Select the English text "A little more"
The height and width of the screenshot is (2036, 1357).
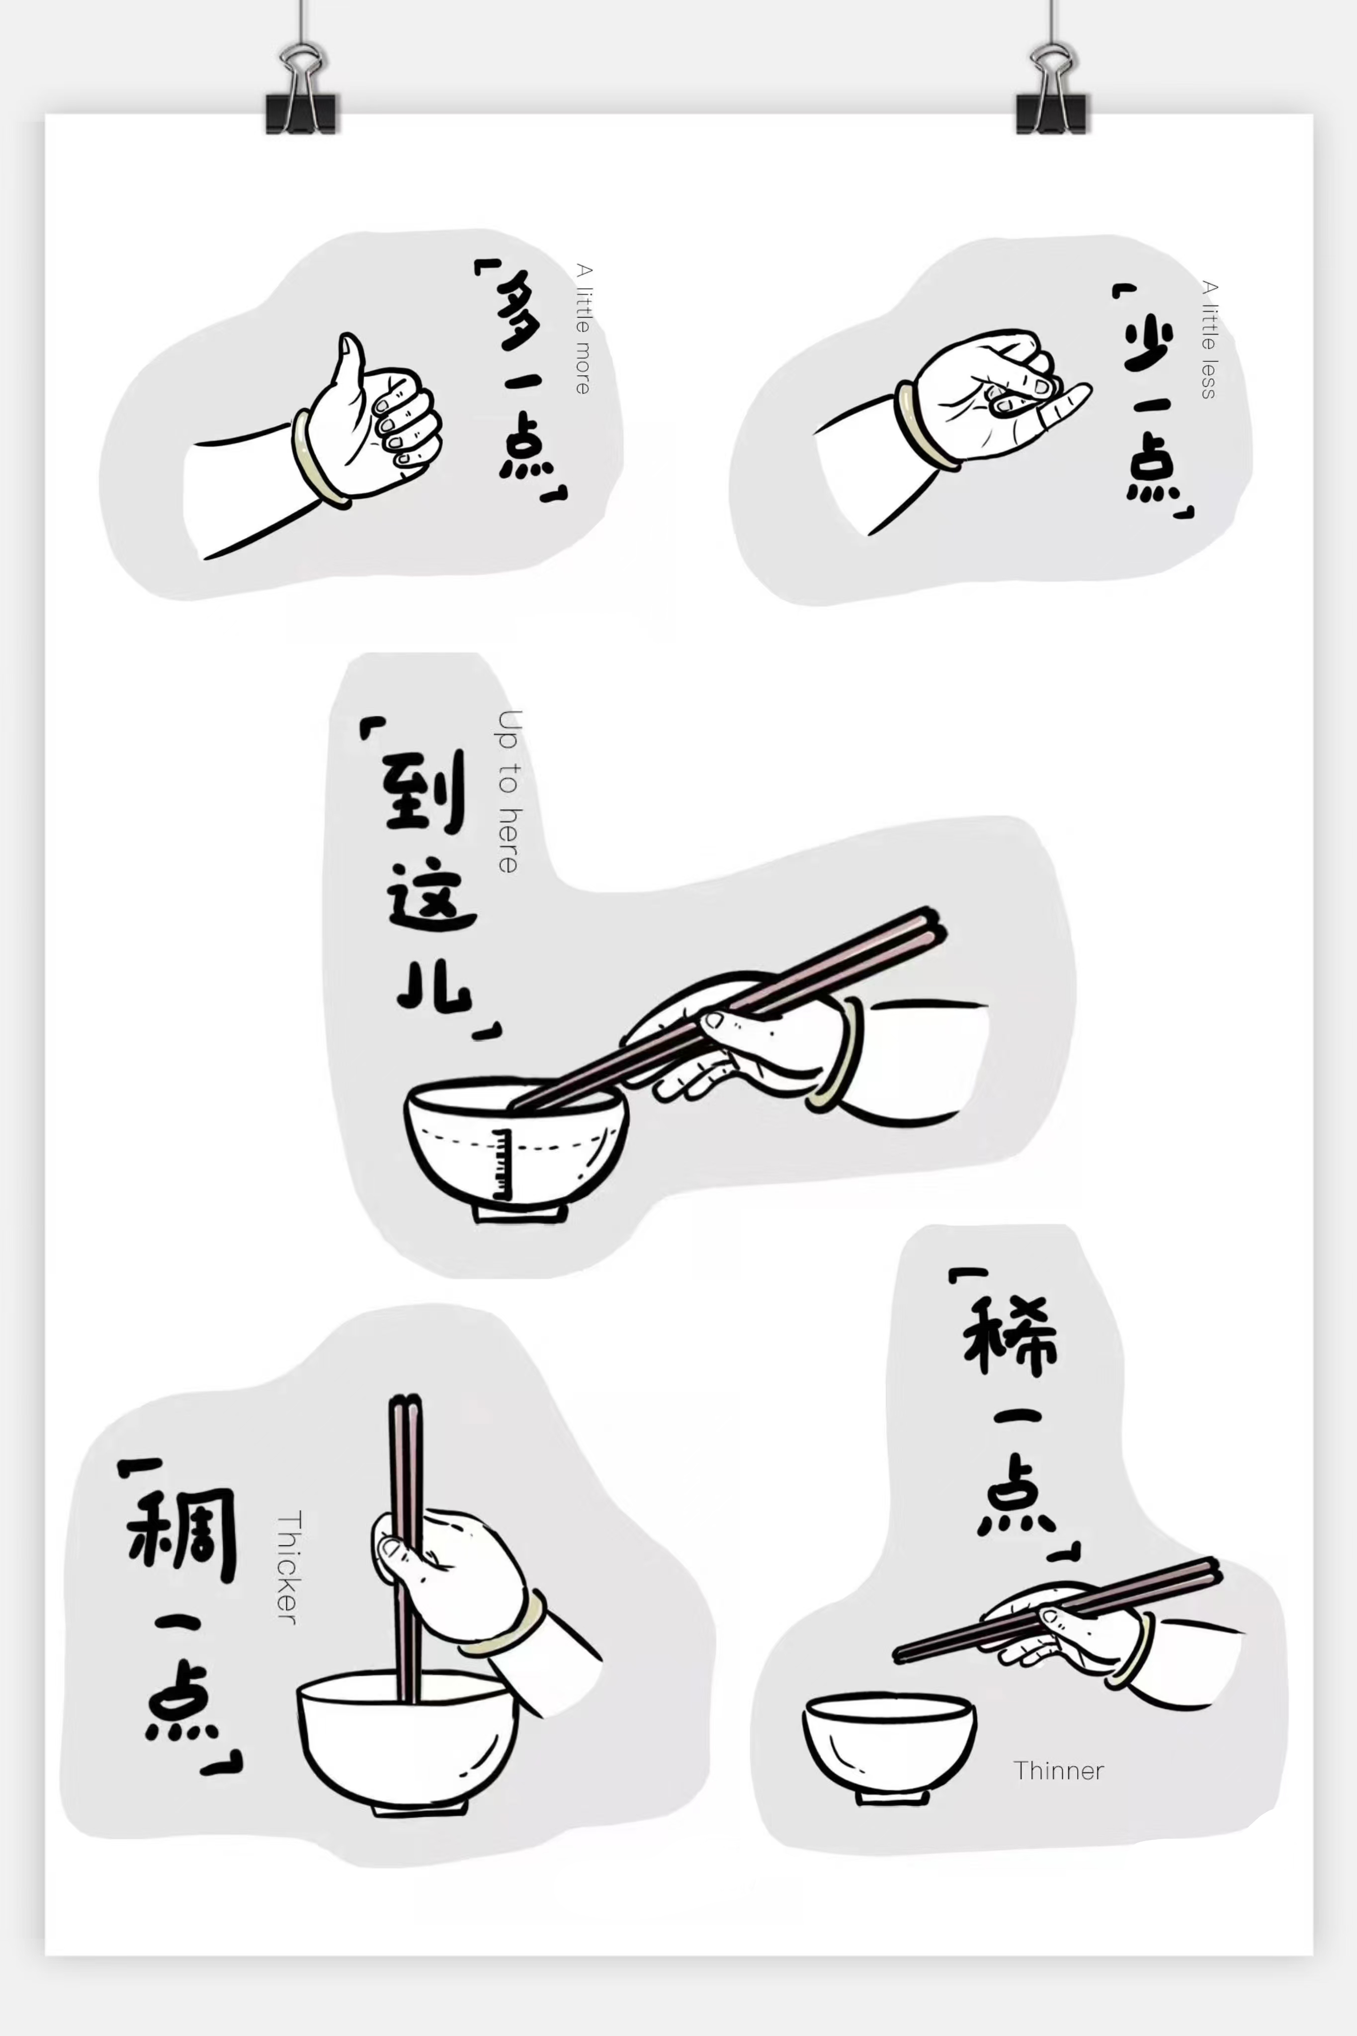pos(584,329)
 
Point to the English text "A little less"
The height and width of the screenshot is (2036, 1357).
pos(1209,339)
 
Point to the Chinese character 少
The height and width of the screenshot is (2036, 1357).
pos(1149,342)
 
